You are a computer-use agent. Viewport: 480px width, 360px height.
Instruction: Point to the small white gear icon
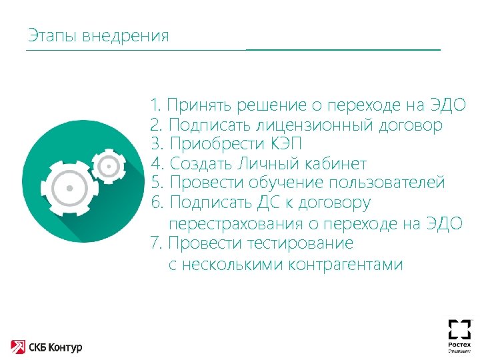(107, 163)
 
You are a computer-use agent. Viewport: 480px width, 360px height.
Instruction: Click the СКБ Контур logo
(46, 346)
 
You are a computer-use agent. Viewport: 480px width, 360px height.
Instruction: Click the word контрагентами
(346, 265)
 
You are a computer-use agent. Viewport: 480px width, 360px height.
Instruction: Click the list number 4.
(157, 163)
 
